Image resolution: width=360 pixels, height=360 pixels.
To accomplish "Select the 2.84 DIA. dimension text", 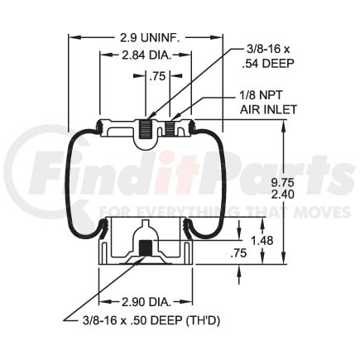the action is [146, 55].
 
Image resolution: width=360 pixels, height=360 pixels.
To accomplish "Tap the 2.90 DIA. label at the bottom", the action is [146, 302].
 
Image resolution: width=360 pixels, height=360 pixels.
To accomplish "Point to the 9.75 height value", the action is [282, 183].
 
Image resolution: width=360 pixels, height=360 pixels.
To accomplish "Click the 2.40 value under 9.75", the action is [282, 194].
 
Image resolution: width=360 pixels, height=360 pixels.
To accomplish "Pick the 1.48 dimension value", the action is [262, 241].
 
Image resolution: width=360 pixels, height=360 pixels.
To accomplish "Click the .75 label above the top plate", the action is [157, 76].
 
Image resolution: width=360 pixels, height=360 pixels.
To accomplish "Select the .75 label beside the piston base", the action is [238, 253].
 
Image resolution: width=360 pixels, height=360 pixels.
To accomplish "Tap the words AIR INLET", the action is [268, 109].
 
